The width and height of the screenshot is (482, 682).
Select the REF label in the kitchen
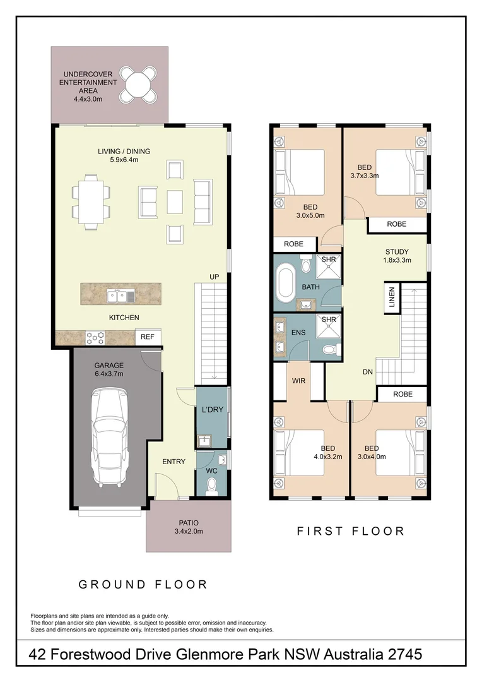pos(148,337)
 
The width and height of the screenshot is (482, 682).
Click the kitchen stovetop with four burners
pos(95,338)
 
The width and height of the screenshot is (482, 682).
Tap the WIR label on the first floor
pos(299,381)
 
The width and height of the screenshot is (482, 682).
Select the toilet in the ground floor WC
pos(212,484)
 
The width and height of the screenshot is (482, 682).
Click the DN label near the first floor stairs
pos(368,373)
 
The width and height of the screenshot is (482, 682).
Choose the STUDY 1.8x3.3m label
pos(397,256)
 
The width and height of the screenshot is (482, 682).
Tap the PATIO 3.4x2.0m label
pos(188,527)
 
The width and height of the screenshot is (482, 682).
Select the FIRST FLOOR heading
pos(351,531)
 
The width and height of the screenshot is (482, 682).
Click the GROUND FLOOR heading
pos(143,584)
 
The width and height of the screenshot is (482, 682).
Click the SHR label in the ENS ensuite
pos(329,320)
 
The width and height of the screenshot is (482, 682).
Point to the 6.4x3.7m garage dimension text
pos(109,374)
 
